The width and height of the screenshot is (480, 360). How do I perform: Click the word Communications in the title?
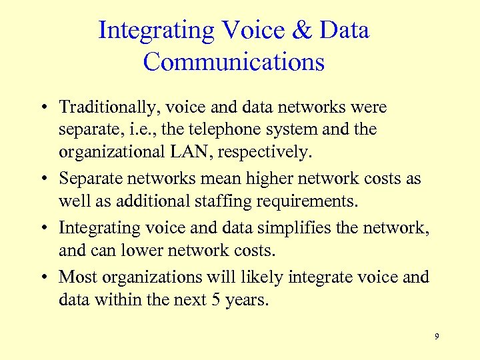tap(233, 62)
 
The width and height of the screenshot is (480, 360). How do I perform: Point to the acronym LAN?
tap(193, 153)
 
